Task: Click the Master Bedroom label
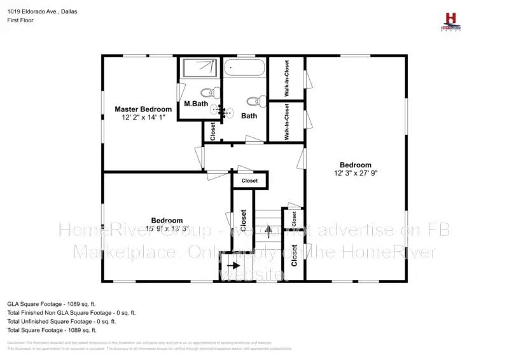(143, 109)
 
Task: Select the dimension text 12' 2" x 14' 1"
(143, 118)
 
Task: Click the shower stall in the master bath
(199, 69)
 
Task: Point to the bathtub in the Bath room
(244, 69)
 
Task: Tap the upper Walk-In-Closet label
(286, 78)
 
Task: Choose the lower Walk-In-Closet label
(286, 121)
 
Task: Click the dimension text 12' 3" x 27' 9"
(355, 173)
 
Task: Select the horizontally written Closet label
(249, 181)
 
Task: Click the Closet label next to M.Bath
(213, 132)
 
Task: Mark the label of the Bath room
(249, 116)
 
